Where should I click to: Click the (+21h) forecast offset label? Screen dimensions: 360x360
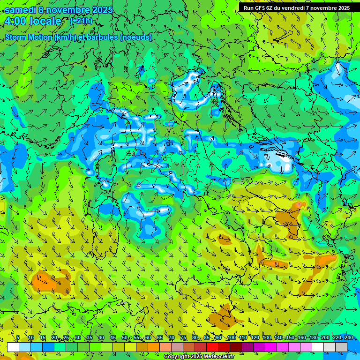tap(81, 21)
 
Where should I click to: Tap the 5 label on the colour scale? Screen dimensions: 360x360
tap(18, 338)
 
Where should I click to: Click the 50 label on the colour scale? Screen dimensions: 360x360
tap(124, 338)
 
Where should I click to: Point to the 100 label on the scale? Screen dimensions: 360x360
tap(232, 338)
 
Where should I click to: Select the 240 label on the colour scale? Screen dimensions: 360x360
tap(348, 338)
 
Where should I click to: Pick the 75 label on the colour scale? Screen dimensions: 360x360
tap(183, 338)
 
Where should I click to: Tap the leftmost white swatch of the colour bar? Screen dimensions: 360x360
tap(13, 347)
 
